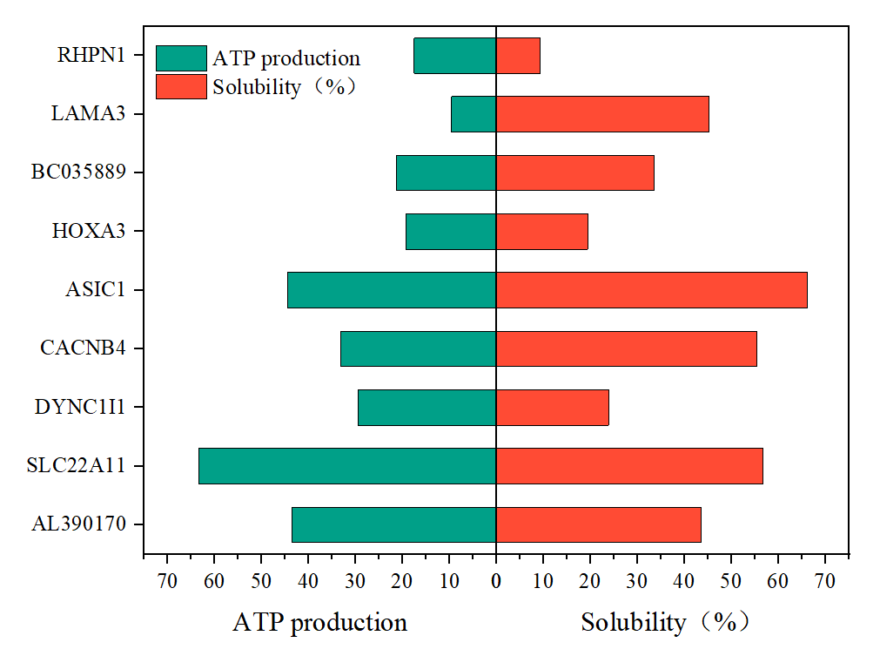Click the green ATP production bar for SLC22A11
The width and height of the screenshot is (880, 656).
click(347, 465)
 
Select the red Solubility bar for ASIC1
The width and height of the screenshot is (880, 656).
click(651, 289)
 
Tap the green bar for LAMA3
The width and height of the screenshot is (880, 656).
click(474, 113)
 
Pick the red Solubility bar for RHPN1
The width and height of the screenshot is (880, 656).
click(518, 55)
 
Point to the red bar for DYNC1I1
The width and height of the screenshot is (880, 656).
click(552, 407)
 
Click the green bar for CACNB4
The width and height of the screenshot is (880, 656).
click(418, 348)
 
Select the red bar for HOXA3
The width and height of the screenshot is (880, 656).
click(541, 231)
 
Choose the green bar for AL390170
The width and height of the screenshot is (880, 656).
click(393, 524)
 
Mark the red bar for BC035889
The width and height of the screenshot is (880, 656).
click(574, 172)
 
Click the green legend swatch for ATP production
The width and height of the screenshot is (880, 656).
click(181, 58)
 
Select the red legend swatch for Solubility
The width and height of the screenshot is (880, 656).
click(181, 86)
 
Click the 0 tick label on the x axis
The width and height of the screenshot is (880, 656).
click(496, 579)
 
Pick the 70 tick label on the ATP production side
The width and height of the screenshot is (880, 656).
click(167, 579)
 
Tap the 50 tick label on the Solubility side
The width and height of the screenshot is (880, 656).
click(731, 579)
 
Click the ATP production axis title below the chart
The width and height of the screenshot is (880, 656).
click(319, 623)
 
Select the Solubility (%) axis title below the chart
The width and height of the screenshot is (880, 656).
click(665, 623)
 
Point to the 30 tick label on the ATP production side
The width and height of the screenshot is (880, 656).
click(355, 579)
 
